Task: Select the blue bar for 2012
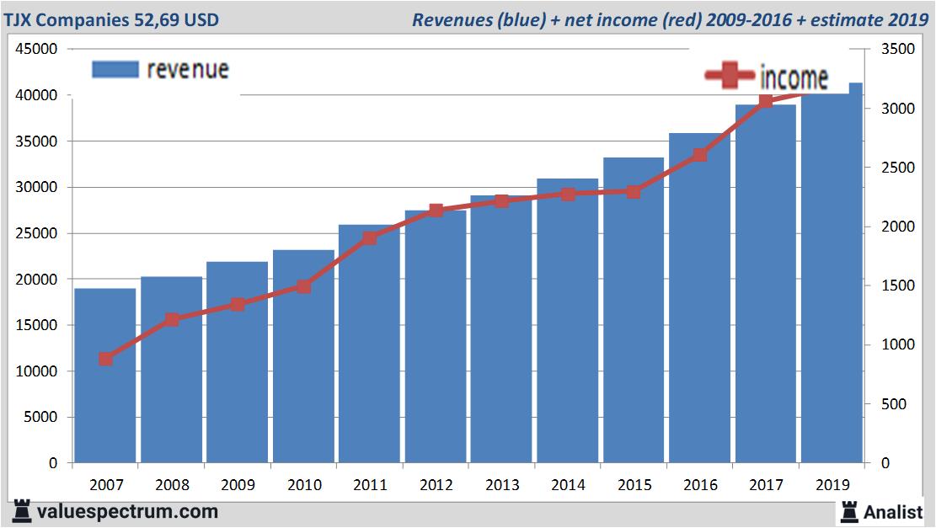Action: click(436, 337)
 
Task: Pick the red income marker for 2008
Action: click(172, 320)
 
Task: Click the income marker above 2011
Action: click(370, 238)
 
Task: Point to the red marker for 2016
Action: click(700, 155)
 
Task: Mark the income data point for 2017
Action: click(766, 101)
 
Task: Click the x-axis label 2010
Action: click(303, 485)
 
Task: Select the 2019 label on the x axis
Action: click(832, 485)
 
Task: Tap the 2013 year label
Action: click(501, 485)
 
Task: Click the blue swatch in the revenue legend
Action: click(115, 70)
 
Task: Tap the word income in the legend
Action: click(794, 77)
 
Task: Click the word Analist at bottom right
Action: click(893, 511)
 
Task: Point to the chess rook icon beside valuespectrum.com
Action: click(23, 511)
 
